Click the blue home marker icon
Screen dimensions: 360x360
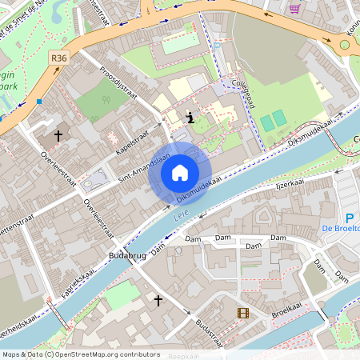(180, 172)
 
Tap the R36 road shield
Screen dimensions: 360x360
(58, 58)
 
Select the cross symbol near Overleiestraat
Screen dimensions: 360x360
(58, 137)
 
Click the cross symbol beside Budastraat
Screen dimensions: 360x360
(158, 301)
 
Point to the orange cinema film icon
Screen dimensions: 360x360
(242, 313)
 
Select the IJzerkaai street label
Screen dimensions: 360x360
(291, 184)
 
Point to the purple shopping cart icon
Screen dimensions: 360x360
(294, 9)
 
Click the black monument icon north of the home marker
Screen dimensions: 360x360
(190, 118)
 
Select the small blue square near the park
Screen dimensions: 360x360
(38, 102)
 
